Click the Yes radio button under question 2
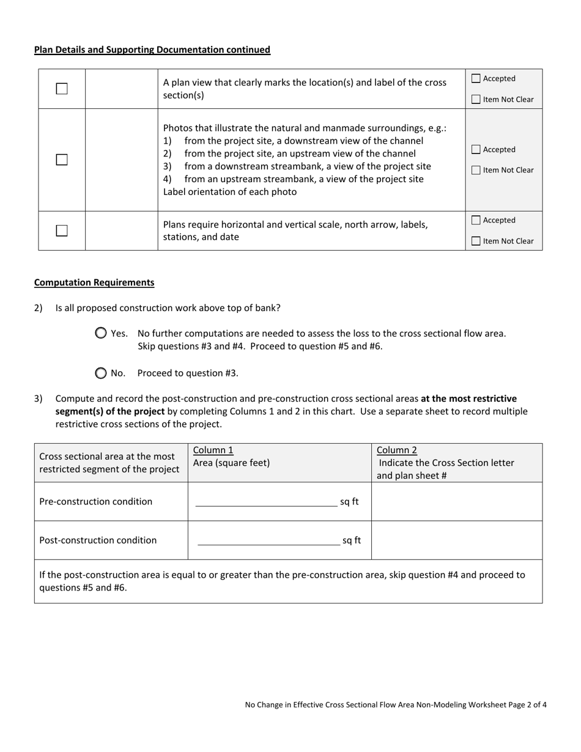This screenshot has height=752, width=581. pyautogui.click(x=101, y=333)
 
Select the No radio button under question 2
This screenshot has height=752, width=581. pyautogui.click(x=101, y=373)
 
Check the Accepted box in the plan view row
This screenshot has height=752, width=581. pyautogui.click(x=476, y=78)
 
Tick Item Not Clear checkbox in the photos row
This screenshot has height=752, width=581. pyautogui.click(x=476, y=171)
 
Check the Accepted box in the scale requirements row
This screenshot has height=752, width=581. pyautogui.click(x=476, y=220)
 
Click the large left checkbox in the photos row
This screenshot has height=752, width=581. pyautogui.click(x=62, y=160)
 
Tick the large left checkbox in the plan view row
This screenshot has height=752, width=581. pyautogui.click(x=62, y=89)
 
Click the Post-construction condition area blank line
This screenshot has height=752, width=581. pyautogui.click(x=268, y=541)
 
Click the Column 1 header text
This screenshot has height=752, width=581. pyautogui.click(x=213, y=451)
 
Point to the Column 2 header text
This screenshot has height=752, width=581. pyautogui.click(x=397, y=451)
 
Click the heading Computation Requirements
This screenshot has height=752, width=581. pyautogui.click(x=94, y=282)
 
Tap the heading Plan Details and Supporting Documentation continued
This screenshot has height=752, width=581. pyautogui.click(x=152, y=50)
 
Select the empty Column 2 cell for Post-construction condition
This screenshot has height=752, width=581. pyautogui.click(x=456, y=540)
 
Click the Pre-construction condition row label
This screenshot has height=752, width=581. pyautogui.click(x=96, y=501)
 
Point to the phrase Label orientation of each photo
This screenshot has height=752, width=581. pyautogui.click(x=230, y=192)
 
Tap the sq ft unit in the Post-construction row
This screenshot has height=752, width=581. pyautogui.click(x=352, y=540)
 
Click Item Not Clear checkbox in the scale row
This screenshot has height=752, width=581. pyautogui.click(x=476, y=241)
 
